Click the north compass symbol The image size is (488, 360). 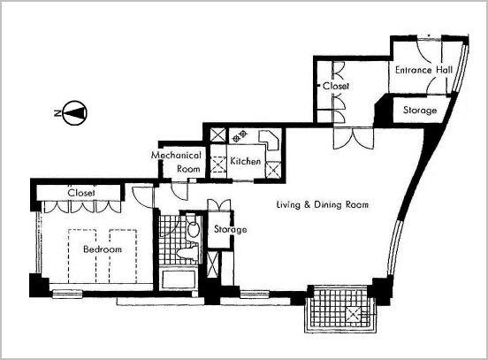75,112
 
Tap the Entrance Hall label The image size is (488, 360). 423,70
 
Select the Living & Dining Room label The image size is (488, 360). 323,204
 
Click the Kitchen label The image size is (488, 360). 245,161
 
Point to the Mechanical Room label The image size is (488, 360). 177,162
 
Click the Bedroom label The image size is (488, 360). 103,249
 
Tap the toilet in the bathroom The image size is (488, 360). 187,252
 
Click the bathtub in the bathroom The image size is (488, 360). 179,279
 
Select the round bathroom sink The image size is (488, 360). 194,229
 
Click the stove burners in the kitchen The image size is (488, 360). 240,136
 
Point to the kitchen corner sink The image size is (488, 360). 269,140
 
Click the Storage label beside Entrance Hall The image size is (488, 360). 420,111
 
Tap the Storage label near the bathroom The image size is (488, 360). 231,229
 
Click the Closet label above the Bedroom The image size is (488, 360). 81,193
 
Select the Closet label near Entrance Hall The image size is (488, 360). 336,86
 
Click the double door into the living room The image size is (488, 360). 354,138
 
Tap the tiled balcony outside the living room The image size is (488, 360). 341,309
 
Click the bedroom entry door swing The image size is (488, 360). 143,197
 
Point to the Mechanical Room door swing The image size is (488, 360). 179,191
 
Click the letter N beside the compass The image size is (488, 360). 57,113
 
